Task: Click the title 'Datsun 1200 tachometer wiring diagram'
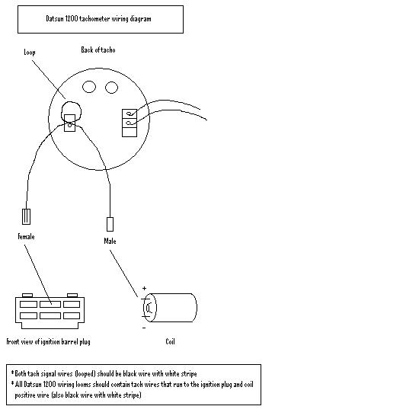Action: [98, 19]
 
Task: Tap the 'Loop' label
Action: [30, 52]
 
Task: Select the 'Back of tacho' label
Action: [98, 50]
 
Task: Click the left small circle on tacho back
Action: [89, 87]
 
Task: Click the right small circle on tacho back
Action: [111, 88]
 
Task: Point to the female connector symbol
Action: [26, 216]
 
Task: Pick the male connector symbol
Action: [110, 224]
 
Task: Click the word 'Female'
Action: [26, 236]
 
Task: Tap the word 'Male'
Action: [110, 241]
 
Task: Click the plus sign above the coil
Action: [144, 288]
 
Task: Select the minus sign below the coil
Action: [144, 328]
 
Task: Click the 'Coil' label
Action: [170, 341]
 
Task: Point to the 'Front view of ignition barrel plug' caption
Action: [48, 342]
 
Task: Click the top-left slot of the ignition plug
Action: [29, 305]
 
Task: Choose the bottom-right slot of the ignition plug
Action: [72, 316]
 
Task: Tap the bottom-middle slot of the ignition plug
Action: [50, 316]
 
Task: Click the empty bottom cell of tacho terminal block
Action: [130, 133]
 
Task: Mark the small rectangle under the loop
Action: [70, 123]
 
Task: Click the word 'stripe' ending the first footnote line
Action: [189, 373]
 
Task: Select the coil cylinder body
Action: [170, 308]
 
